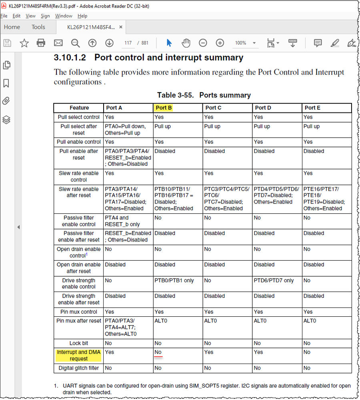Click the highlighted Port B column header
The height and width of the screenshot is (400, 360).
point(164,108)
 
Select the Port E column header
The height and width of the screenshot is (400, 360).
point(312,108)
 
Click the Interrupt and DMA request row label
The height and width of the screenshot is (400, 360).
point(79,355)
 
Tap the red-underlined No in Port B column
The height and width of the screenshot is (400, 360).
point(158,352)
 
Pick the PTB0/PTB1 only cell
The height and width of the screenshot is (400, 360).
point(174,280)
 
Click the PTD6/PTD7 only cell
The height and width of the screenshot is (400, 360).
point(274,280)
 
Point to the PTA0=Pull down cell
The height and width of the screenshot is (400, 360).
point(125,127)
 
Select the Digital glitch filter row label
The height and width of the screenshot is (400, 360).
point(79,368)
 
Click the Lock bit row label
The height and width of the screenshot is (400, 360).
point(79,343)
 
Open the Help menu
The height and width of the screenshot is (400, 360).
point(82,16)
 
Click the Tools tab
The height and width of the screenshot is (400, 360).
point(38,27)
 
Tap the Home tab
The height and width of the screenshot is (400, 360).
point(12,27)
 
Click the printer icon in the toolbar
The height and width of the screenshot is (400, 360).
point(41,43)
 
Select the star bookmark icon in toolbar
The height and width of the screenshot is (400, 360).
point(24,43)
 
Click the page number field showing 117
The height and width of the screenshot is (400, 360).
point(128,43)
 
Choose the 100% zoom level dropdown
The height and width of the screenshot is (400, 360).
point(245,43)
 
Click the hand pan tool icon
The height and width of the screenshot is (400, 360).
point(186,43)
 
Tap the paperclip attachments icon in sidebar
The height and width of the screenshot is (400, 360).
point(6,101)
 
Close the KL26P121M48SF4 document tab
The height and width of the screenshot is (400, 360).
point(121,27)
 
